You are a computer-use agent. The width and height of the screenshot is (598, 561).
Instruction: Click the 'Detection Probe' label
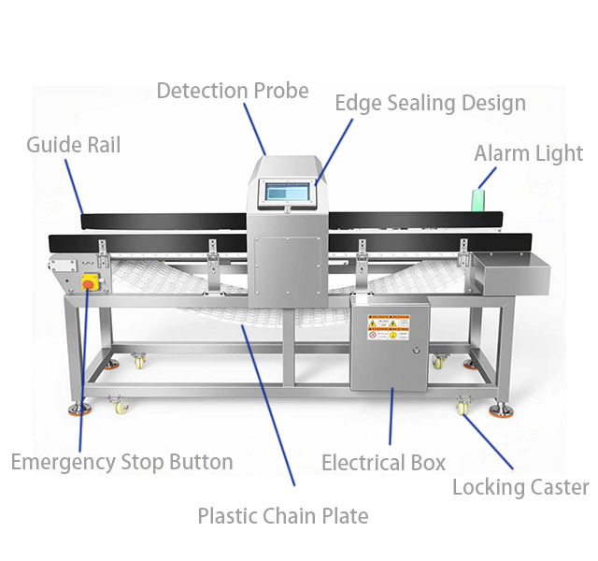[232, 91]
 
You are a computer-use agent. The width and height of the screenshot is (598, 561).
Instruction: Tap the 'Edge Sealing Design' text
[430, 103]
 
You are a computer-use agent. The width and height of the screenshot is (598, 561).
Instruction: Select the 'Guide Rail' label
[73, 145]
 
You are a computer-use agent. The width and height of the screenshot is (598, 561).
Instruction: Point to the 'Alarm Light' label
[528, 153]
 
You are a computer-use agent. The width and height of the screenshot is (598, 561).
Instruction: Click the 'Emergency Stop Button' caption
[121, 462]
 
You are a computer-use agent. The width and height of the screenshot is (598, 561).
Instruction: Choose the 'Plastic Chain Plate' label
[282, 515]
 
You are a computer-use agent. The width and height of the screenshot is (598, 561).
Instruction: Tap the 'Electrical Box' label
[383, 463]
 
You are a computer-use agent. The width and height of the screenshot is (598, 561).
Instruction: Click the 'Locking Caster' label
[520, 487]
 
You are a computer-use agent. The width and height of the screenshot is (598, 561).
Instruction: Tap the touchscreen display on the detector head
[289, 192]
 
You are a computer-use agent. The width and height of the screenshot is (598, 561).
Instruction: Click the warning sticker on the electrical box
[388, 328]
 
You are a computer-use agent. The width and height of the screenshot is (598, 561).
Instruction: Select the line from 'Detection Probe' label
[254, 128]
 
